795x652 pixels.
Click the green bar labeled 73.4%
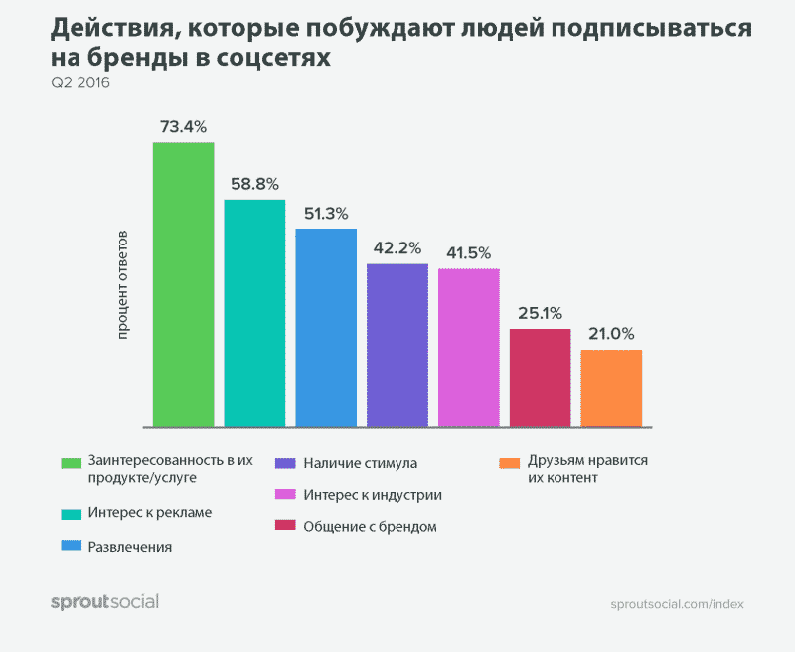tap(183, 284)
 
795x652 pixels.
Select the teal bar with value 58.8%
tap(254, 313)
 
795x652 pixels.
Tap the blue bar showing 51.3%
tap(326, 328)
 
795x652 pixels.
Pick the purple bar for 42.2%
tap(397, 345)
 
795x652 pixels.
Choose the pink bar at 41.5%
tap(469, 347)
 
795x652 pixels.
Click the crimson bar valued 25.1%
tap(541, 378)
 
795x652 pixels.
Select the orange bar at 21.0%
tap(611, 388)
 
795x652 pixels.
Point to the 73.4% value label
tap(183, 127)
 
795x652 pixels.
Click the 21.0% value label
tap(611, 334)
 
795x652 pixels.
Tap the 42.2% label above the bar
tap(397, 248)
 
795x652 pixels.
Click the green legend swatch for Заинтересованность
tap(71, 463)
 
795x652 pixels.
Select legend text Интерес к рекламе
tap(149, 512)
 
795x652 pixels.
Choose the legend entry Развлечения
tap(130, 546)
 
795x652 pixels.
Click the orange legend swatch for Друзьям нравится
tap(510, 463)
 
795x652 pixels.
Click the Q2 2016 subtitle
tap(80, 83)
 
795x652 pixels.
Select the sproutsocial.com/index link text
tap(677, 603)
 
